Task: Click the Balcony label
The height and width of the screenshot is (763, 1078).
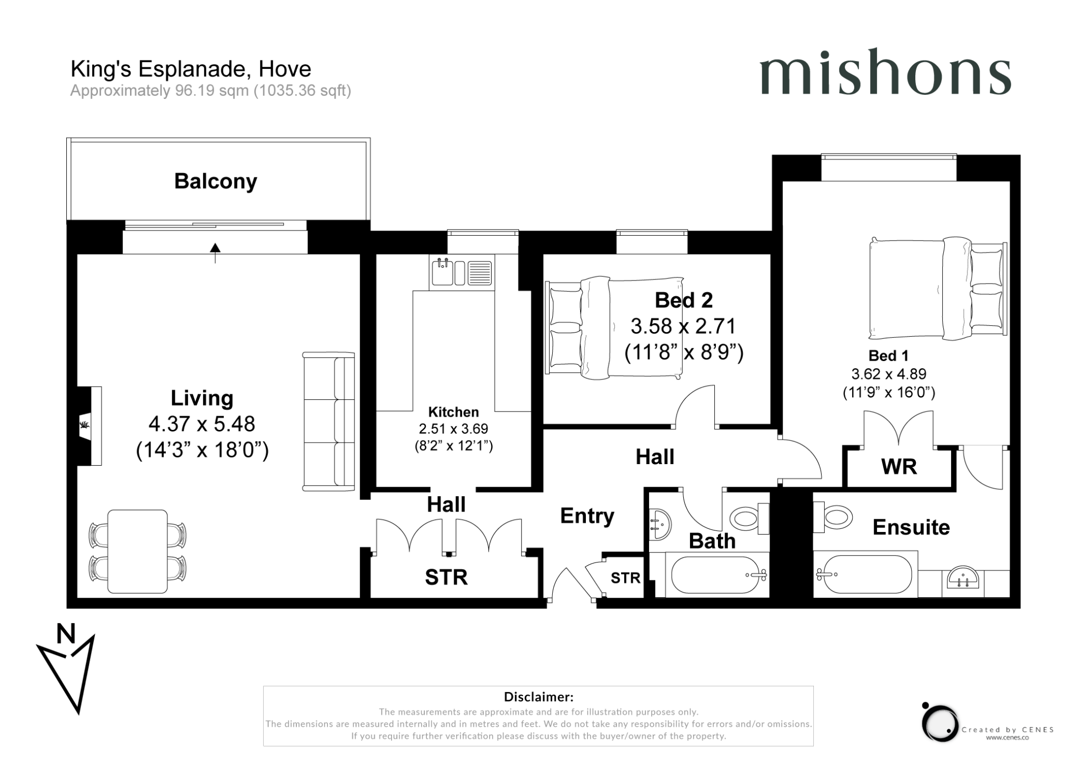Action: (x=215, y=181)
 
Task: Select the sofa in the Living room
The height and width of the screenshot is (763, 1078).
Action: (x=329, y=421)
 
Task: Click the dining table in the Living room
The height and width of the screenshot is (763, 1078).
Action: (x=137, y=551)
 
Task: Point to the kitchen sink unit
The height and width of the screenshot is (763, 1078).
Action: (x=462, y=273)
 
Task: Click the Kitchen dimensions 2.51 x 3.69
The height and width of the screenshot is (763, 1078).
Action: (x=453, y=429)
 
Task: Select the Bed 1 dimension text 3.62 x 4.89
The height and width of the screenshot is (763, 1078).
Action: (x=889, y=374)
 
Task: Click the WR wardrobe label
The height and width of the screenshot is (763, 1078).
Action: (x=899, y=467)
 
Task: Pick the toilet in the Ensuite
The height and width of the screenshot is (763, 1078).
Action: (x=834, y=517)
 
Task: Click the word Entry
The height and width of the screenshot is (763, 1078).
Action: (x=587, y=516)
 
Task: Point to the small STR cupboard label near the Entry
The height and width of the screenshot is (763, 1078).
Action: (x=625, y=578)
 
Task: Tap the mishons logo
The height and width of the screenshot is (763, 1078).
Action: (x=885, y=77)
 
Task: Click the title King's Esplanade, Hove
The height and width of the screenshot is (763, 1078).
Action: (x=191, y=69)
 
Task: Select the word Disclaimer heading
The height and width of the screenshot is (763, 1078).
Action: (x=538, y=697)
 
